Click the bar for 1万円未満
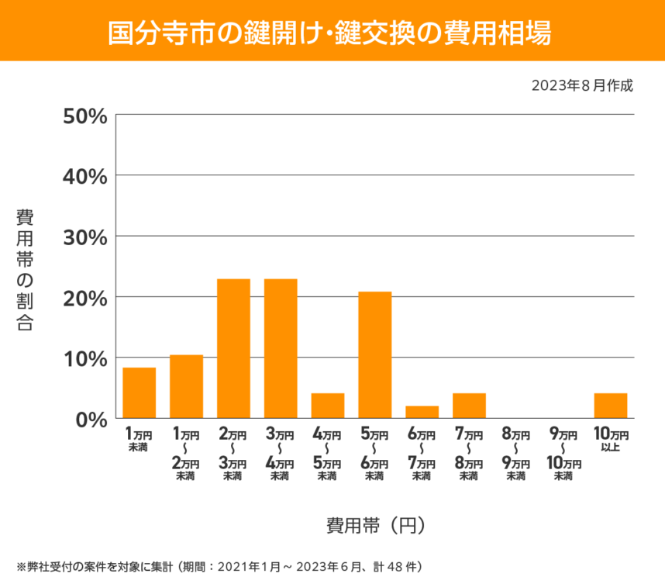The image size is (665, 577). coord(140,393)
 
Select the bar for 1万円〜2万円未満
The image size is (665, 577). coord(187,387)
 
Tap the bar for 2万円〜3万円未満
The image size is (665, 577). coord(233,349)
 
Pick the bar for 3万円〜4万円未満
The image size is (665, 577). coord(281,349)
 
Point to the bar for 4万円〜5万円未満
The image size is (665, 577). coord(328,406)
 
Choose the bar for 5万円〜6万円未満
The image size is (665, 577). coord(375,355)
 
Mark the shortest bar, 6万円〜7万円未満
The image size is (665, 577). coord(422,412)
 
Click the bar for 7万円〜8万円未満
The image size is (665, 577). coord(469,406)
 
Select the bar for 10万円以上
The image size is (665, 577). coord(611,406)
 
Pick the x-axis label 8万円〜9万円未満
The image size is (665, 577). coord(515,454)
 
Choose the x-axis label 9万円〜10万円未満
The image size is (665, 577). coord(563,454)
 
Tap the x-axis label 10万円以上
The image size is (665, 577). coord(611,439)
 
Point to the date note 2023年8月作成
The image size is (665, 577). coord(583,85)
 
